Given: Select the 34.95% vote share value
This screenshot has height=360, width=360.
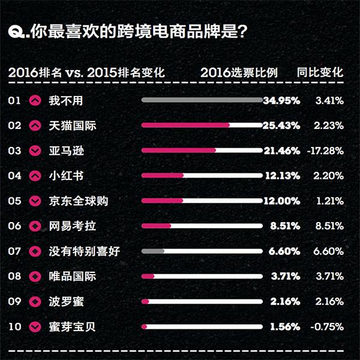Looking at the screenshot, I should pyautogui.click(x=281, y=100).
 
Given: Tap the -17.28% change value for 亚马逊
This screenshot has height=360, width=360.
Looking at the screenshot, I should pyautogui.click(x=325, y=151).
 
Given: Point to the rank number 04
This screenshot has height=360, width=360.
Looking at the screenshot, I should pyautogui.click(x=15, y=176).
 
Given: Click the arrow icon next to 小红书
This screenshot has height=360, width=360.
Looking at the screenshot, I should pyautogui.click(x=35, y=176).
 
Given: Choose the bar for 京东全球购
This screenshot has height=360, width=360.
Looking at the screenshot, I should pyautogui.click(x=202, y=201).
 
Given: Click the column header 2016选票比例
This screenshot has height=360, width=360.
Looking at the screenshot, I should pyautogui.click(x=239, y=73).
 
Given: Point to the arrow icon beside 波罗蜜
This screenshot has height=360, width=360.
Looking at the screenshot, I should pyautogui.click(x=35, y=302).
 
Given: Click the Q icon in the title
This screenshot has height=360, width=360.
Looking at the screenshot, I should pyautogui.click(x=17, y=31).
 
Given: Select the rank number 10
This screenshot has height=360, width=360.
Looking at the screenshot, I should pyautogui.click(x=15, y=327).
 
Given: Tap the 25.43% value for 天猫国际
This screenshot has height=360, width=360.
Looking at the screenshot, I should pyautogui.click(x=281, y=125).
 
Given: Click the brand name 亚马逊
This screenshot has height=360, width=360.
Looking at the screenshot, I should pyautogui.click(x=66, y=151).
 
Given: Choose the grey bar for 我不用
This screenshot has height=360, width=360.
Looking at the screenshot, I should pyautogui.click(x=202, y=100).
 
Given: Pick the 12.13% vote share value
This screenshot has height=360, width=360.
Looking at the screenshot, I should pyautogui.click(x=282, y=176).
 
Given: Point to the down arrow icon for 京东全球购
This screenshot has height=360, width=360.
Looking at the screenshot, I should pyautogui.click(x=35, y=201).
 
